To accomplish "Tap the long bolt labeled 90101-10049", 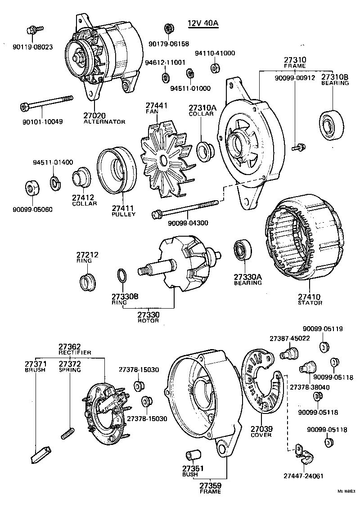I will [x=47, y=103].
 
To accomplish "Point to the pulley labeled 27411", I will [x=117, y=171].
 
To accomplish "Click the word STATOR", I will [x=310, y=303].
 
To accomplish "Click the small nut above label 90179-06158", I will [x=169, y=29].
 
